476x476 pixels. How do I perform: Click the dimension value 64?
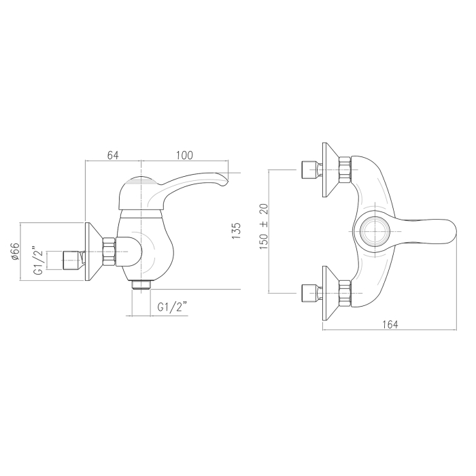113,155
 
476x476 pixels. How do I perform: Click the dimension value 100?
184,155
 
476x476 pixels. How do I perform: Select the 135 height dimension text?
237,231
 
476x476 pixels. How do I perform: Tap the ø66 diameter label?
15,251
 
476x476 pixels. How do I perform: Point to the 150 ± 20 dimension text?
264,226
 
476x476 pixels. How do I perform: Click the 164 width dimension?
390,324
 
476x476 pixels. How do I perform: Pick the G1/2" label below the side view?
172,307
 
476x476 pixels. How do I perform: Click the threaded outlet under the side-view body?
141,286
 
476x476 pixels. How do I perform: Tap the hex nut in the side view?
109,252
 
